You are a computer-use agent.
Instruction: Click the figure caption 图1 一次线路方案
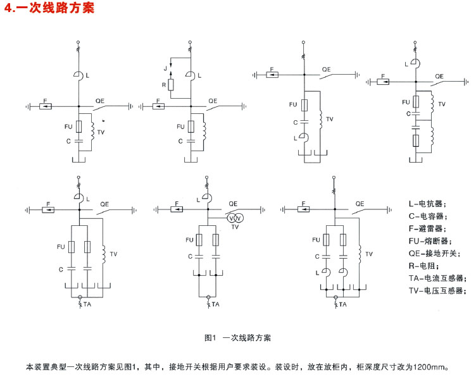click(237, 338)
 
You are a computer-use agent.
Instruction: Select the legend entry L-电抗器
click(427, 204)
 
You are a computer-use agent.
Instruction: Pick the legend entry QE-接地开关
click(434, 253)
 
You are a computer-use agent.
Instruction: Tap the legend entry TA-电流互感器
click(437, 278)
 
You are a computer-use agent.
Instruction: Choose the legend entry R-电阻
click(423, 266)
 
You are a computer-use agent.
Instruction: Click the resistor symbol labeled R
click(171, 85)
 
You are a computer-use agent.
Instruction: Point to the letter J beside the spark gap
click(165, 68)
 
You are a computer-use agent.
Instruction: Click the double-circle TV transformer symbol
click(235, 218)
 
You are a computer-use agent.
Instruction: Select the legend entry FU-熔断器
click(430, 241)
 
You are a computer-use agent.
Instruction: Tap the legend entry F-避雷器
click(427, 228)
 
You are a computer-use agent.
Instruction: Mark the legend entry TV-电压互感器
click(437, 290)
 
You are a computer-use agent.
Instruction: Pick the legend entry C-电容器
click(428, 216)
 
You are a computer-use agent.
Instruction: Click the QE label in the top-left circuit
click(100, 101)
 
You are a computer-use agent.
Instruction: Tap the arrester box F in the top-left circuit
click(46, 106)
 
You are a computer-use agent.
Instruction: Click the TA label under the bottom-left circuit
click(87, 304)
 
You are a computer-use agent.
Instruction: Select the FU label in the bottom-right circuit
click(316, 240)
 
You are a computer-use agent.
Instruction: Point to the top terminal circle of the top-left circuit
click(78, 42)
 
